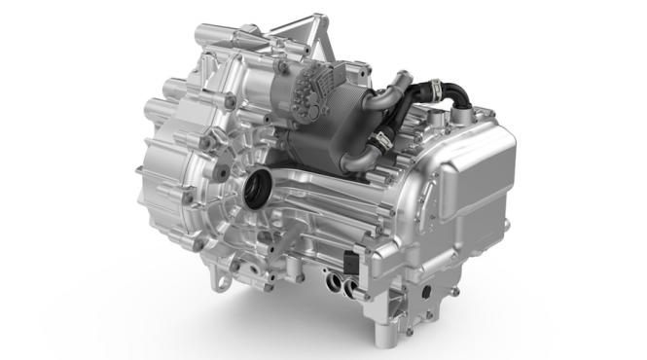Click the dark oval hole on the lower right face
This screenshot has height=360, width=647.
(426, 293)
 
